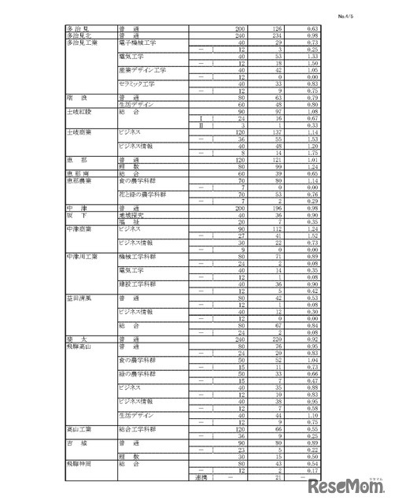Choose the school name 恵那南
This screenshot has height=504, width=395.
pyautogui.click(x=77, y=172)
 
